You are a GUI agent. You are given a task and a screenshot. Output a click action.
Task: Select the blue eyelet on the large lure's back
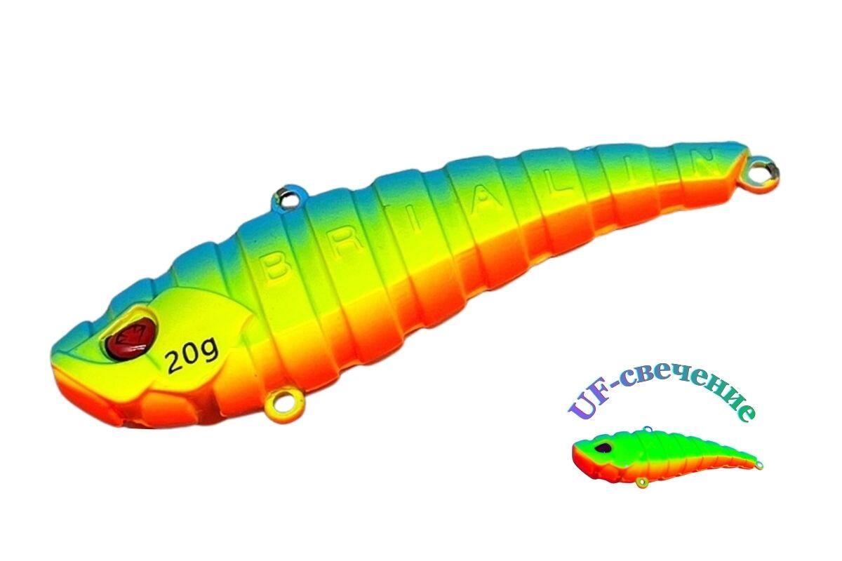pyautogui.click(x=288, y=196)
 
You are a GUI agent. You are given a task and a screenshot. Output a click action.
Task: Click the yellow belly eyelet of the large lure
pyautogui.click(x=283, y=407)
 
